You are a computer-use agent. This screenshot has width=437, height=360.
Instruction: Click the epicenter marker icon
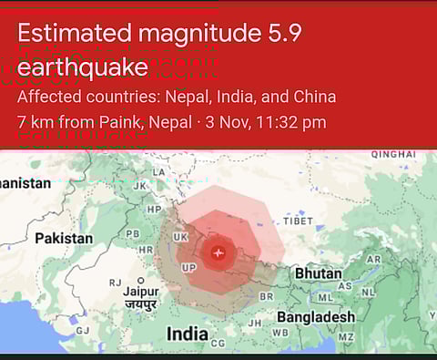click(x=217, y=252)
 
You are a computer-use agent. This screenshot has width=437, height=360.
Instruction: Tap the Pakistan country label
click(x=64, y=238)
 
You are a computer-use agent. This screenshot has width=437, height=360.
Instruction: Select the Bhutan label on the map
click(x=318, y=273)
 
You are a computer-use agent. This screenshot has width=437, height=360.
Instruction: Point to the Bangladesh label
click(x=316, y=316)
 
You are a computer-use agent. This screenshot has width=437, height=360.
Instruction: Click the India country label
click(x=187, y=334)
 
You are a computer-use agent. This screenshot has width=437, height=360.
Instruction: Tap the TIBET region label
click(x=298, y=221)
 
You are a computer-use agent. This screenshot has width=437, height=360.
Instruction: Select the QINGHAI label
click(x=393, y=154)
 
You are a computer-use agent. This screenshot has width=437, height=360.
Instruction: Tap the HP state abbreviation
click(x=154, y=210)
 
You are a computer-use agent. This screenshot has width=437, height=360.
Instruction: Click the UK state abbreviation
click(x=180, y=237)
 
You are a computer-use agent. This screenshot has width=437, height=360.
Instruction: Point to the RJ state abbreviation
click(x=115, y=283)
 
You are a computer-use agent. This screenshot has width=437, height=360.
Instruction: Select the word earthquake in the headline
click(x=82, y=67)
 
